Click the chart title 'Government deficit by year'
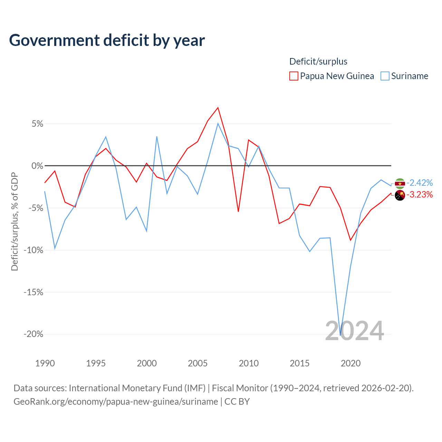(107, 40)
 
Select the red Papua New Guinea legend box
(294, 76)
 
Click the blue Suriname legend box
(385, 76)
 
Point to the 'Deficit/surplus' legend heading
(318, 61)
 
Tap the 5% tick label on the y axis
(37, 124)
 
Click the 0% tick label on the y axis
(37, 166)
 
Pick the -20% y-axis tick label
(33, 334)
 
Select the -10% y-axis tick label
(33, 250)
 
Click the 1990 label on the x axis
(45, 363)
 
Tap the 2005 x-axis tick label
(198, 363)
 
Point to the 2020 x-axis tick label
(350, 363)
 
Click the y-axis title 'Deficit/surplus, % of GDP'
(15, 222)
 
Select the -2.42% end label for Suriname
(420, 183)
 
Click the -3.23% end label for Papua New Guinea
(420, 195)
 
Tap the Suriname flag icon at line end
(400, 183)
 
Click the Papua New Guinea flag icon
(400, 195)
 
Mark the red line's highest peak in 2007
(218, 108)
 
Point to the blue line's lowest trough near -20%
(340, 335)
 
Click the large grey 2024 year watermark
(354, 331)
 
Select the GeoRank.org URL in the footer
(116, 402)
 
